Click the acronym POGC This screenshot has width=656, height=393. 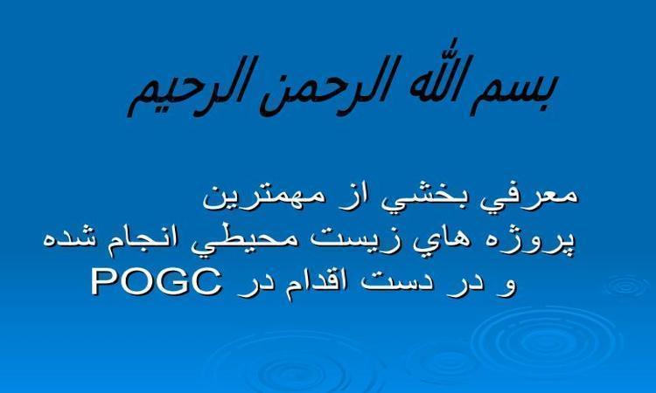(x=156, y=282)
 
